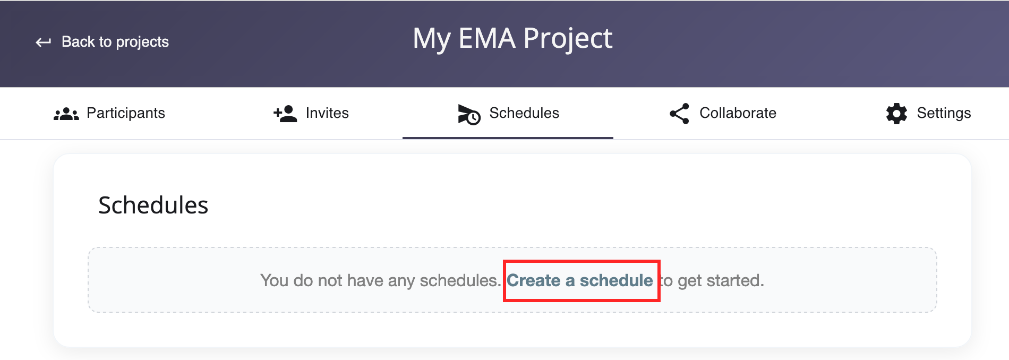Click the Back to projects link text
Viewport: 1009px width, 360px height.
coord(115,41)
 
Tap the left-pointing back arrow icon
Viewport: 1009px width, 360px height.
coord(43,42)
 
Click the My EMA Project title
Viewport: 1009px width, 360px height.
coord(512,38)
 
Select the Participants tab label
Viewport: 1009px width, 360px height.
coord(126,113)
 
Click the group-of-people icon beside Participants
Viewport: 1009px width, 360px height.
coord(66,114)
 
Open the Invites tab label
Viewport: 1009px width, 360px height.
coord(327,113)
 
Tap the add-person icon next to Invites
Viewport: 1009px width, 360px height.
coord(285,114)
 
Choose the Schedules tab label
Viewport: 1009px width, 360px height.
coord(524,113)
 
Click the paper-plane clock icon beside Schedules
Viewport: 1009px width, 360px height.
coord(469,114)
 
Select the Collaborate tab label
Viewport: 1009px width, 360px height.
coord(738,113)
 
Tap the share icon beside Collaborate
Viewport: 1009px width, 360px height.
coord(679,114)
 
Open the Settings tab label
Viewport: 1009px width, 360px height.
coord(944,113)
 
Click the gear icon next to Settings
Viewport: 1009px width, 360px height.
coord(896,114)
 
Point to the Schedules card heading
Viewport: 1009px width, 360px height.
coord(153,205)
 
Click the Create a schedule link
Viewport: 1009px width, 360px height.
coord(580,280)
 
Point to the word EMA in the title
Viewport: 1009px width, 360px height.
coord(487,38)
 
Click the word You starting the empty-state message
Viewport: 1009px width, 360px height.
coord(274,280)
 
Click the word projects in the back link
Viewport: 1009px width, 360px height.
coord(142,42)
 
